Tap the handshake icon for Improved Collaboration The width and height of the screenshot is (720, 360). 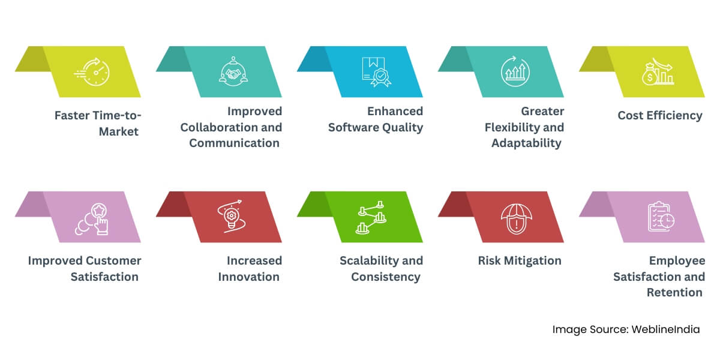234,72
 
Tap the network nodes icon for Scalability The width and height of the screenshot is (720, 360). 372,217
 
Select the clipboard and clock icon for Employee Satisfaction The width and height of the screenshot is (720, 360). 661,217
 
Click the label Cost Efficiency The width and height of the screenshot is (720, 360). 660,116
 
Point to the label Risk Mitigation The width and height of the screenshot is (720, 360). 520,260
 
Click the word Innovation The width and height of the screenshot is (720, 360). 248,277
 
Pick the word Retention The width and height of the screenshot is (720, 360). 674,292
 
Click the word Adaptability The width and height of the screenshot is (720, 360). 526,143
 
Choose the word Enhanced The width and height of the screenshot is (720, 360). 395,112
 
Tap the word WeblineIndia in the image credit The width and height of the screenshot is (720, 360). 665,329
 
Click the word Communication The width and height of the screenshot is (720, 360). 234,143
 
